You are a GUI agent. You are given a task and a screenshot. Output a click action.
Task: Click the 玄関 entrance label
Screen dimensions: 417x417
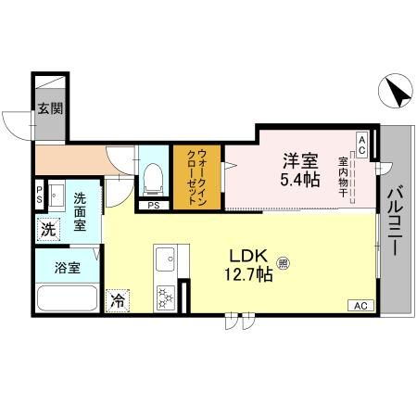(50, 108)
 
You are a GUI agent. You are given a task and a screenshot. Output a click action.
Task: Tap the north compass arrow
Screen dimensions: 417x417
(399, 93)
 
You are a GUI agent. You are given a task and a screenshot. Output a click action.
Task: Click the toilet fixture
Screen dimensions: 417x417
(154, 176)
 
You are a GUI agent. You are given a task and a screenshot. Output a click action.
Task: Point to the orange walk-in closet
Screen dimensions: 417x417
(197, 176)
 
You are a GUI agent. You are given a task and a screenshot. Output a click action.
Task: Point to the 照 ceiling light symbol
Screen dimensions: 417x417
(283, 263)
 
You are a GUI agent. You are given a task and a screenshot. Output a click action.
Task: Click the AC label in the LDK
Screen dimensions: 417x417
(360, 306)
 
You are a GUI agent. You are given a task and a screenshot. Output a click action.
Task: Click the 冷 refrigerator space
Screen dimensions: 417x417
(118, 299)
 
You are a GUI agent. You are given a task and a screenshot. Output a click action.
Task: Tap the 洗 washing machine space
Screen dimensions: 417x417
(47, 228)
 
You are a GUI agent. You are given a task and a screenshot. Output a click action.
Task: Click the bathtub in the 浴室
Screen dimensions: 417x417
(66, 300)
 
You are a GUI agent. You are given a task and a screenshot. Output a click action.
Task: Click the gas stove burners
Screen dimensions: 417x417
(166, 297)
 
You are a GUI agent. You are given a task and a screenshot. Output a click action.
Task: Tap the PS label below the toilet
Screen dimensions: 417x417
(153, 205)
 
